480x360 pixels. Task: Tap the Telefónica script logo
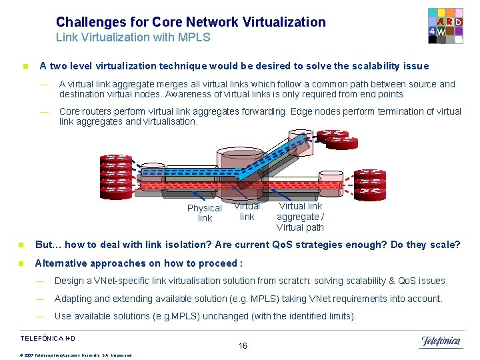coord(441,341)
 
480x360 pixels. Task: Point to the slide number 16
coord(243,345)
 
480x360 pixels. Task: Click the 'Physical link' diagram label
coord(205,213)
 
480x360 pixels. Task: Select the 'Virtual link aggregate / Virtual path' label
coord(300,217)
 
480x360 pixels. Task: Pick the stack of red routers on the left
coord(115,175)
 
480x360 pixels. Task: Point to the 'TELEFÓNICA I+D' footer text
coord(47,338)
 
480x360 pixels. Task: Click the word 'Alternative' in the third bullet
coord(64,263)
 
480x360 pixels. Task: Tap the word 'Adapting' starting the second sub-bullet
coord(74,299)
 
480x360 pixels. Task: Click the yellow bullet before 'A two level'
coord(25,67)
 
